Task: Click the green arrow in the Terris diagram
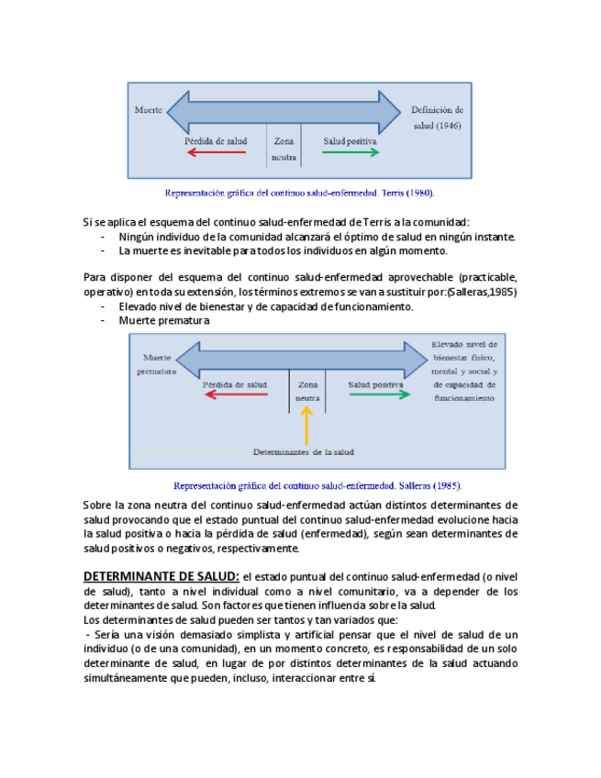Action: (351, 152)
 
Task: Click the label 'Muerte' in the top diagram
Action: (150, 109)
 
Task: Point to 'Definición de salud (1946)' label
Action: (442, 117)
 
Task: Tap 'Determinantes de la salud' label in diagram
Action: (304, 451)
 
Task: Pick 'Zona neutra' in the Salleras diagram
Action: (307, 392)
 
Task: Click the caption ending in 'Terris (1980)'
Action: (299, 194)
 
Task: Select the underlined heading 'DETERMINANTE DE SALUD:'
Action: (161, 576)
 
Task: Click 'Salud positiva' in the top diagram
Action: (351, 141)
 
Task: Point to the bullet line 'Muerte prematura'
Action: (164, 321)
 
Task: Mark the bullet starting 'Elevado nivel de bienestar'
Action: (266, 306)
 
